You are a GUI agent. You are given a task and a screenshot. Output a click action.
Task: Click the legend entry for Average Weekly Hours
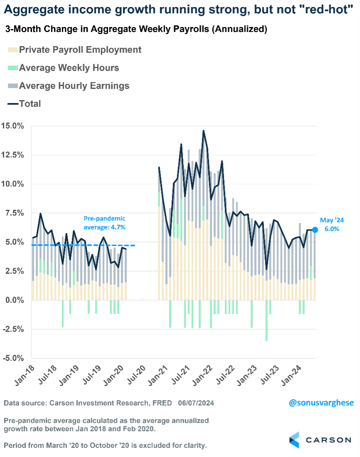tap(69, 68)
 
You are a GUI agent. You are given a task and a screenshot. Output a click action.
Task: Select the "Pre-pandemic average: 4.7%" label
tap(105, 223)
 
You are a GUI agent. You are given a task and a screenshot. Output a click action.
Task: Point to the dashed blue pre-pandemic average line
tap(83, 245)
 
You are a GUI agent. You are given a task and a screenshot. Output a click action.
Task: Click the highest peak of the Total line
tap(203, 131)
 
